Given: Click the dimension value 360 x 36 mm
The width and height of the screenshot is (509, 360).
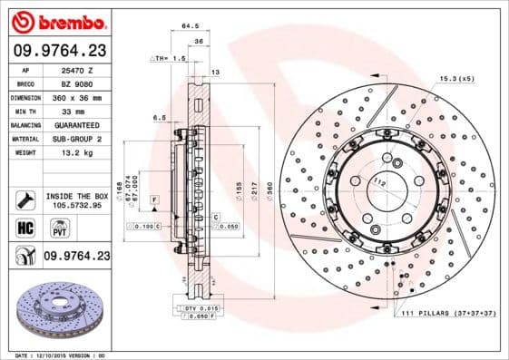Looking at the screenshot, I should tap(75, 95).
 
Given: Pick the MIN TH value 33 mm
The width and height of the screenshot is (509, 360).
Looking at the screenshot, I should tap(75, 110).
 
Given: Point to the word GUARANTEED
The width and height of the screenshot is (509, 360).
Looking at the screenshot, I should tap(75, 124).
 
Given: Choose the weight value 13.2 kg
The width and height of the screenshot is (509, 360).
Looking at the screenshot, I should tap(75, 153).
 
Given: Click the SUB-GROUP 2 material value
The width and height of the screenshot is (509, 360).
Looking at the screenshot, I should tap(75, 139).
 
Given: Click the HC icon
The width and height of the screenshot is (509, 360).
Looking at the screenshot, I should tap(24, 228).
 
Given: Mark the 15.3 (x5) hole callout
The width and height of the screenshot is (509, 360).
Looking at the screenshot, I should tap(455, 79).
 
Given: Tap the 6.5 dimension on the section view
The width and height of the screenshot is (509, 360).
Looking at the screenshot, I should tap(159, 117).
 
